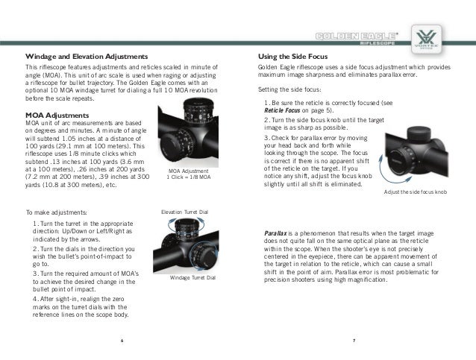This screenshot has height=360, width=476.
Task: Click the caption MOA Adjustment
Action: (188, 170)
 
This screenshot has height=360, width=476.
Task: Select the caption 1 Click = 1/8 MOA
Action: (188, 177)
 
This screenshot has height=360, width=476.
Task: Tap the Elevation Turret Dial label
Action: (184, 212)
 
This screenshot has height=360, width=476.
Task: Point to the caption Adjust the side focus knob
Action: (414, 192)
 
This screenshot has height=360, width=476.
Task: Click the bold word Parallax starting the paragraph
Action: (278, 233)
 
